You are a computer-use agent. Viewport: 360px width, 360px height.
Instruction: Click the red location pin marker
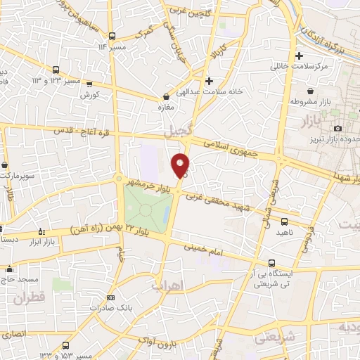pyautogui.click(x=181, y=165)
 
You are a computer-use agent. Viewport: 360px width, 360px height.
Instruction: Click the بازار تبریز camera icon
pyautogui.click(x=338, y=127)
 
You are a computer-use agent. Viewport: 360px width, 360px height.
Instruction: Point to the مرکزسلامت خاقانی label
pyautogui.click(x=300, y=67)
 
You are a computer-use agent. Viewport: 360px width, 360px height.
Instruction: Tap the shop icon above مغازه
pyautogui.click(x=166, y=96)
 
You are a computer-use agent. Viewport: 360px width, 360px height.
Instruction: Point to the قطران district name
pyautogui.click(x=28, y=297)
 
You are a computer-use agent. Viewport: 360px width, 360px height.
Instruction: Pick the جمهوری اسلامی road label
pyautogui.click(x=232, y=150)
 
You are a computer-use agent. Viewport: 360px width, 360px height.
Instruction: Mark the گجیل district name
pyautogui.click(x=176, y=131)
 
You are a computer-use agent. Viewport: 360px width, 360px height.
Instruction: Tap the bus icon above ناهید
pyautogui.click(x=283, y=221)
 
